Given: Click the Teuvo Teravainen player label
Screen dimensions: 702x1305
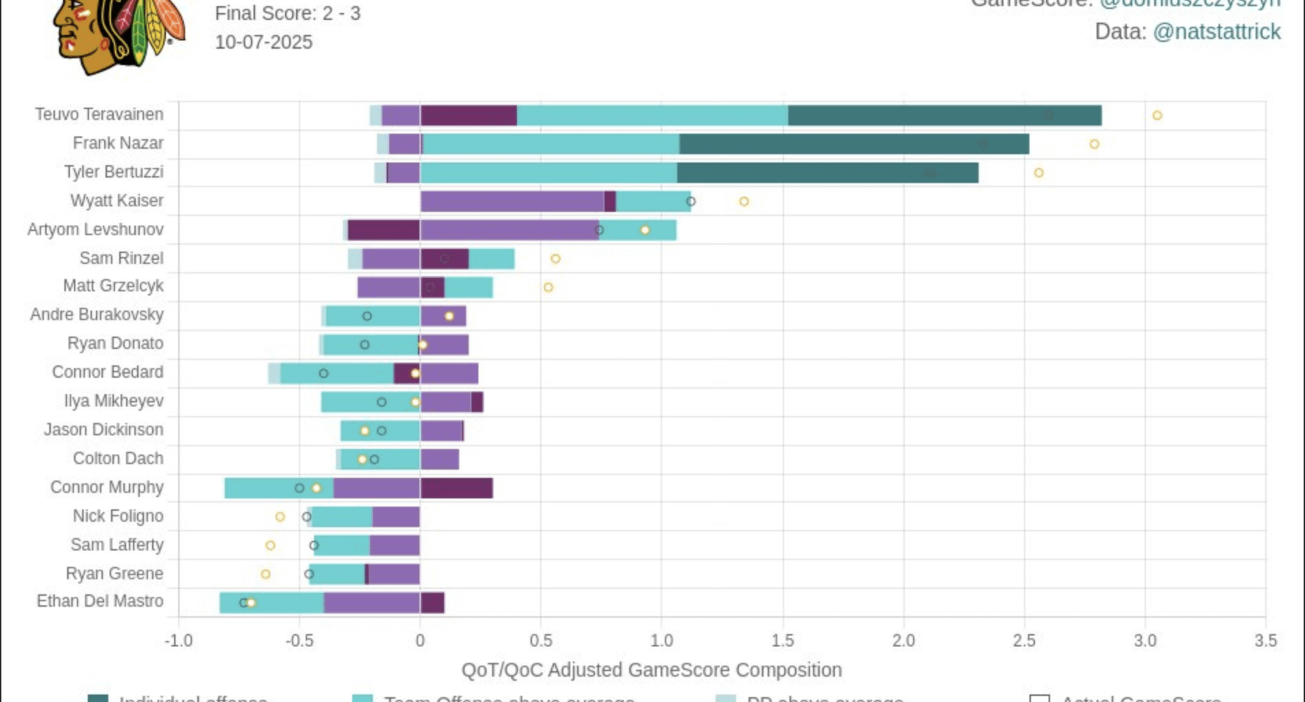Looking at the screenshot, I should [x=99, y=114].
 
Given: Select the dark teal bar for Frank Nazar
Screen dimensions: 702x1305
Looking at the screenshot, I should [x=854, y=144].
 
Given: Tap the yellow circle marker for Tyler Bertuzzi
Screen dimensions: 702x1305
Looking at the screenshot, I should [x=1039, y=173].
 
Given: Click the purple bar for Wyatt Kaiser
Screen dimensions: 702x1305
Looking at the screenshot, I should [x=512, y=202].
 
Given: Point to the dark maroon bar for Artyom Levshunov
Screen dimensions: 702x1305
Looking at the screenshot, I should [x=383, y=230].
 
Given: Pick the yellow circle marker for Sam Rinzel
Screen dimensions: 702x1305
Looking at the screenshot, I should [x=556, y=259].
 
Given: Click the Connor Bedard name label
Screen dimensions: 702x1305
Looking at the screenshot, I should [x=108, y=372].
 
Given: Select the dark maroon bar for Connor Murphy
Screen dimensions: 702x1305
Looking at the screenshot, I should [x=456, y=488].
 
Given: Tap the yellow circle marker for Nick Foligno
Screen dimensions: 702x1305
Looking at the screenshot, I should [x=280, y=517].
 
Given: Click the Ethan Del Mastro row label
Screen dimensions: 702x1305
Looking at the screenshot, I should [x=100, y=601].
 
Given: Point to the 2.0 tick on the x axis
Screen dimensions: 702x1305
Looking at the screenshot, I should [x=903, y=641].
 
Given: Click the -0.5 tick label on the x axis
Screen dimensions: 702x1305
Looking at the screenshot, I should [x=300, y=641].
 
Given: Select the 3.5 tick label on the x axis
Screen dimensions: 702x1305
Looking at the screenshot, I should [x=1265, y=641].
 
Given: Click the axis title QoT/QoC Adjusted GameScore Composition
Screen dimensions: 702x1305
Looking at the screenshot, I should [x=651, y=670].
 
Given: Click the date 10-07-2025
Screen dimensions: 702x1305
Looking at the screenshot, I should [x=264, y=43].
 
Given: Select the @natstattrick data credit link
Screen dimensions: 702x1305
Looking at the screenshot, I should [x=1217, y=32].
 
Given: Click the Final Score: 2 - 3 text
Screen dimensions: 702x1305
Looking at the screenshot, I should [x=288, y=14].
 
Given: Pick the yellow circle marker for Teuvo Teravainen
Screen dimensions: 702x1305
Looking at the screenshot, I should [x=1157, y=115].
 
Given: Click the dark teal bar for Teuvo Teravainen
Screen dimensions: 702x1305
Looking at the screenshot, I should [x=944, y=115].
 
